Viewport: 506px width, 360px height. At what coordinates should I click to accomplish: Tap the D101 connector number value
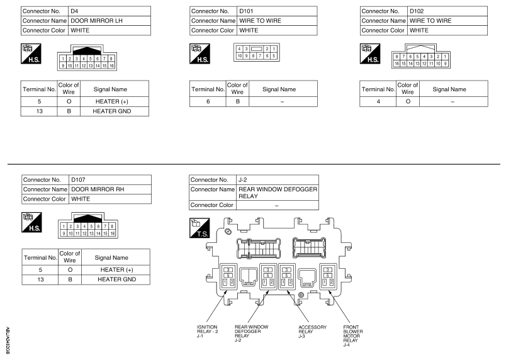[x=246, y=11]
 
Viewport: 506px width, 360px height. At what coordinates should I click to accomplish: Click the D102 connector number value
[x=417, y=11]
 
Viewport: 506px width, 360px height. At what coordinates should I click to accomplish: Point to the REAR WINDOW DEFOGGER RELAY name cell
[x=278, y=193]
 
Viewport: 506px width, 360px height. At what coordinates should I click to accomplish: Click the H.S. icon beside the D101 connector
[x=200, y=54]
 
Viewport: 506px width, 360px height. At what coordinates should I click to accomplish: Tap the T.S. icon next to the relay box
[x=200, y=228]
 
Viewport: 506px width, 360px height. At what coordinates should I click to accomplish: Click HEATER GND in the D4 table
[x=112, y=111]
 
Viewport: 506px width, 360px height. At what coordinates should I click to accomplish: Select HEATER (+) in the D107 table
[x=117, y=269]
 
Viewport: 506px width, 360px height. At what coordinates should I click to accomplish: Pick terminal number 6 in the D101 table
[x=208, y=101]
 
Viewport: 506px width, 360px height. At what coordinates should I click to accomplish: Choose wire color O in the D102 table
[x=408, y=101]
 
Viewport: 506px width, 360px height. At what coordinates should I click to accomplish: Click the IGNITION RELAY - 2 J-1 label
[x=208, y=331]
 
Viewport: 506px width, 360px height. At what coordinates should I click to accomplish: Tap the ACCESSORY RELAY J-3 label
[x=312, y=332]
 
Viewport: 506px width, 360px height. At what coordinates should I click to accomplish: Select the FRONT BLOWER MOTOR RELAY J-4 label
[x=353, y=336]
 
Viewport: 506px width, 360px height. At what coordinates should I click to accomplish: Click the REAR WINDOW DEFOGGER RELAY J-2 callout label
[x=251, y=334]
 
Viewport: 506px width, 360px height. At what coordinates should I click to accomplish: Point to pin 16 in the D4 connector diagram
[x=111, y=66]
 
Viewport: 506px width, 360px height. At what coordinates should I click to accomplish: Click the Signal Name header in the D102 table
[x=449, y=89]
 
